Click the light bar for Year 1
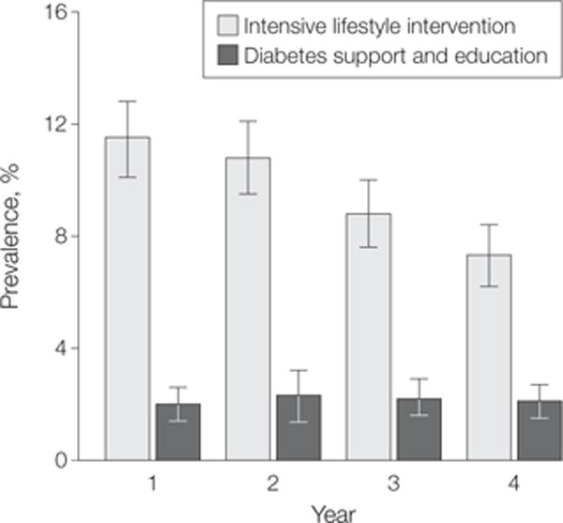[128, 299]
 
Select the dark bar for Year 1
[178, 432]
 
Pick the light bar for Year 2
[248, 309]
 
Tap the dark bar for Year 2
[298, 427]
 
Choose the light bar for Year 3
[369, 337]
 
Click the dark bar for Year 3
[419, 429]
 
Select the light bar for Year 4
[489, 358]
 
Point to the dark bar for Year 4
[540, 430]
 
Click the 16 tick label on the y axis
[55, 12]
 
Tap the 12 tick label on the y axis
[55, 124]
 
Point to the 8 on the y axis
[61, 237]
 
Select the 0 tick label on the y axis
[61, 460]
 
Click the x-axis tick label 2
[273, 484]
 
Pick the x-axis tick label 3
[393, 484]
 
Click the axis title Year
[333, 514]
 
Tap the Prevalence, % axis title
[9, 237]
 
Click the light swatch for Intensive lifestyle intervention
[228, 25]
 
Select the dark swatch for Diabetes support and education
[228, 55]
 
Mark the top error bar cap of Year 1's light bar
[128, 101]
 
